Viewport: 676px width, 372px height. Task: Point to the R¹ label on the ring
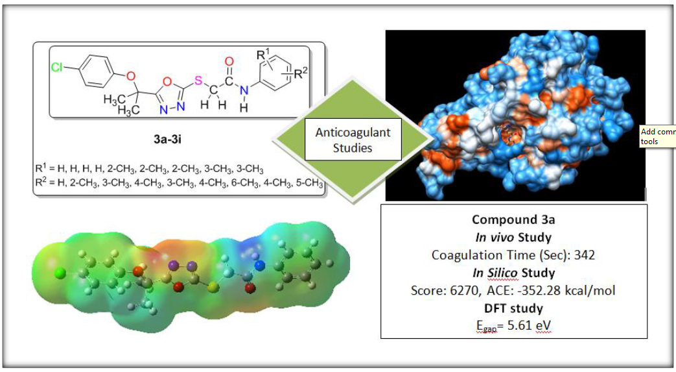[x=264, y=55]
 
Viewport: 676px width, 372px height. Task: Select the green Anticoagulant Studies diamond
[x=353, y=140]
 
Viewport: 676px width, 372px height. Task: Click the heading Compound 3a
[x=513, y=219]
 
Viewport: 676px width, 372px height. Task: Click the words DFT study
[x=513, y=308]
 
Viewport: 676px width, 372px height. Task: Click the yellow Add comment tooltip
[x=657, y=136]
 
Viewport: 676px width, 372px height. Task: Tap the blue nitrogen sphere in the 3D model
[x=261, y=264]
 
